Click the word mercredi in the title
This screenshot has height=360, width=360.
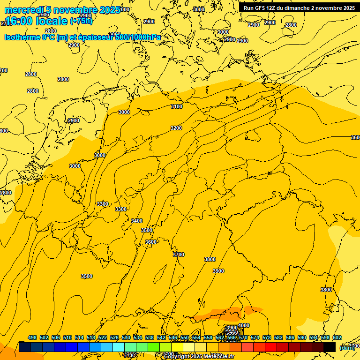pyautogui.click(x=21, y=10)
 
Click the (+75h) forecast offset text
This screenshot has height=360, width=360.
pyautogui.click(x=81, y=21)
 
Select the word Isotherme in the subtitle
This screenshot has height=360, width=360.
pyautogui.click(x=22, y=37)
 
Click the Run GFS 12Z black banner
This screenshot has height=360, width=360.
pyautogui.click(x=299, y=8)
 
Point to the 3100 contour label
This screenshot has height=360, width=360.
pyautogui.click(x=176, y=107)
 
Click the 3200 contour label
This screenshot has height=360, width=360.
pyautogui.click(x=176, y=128)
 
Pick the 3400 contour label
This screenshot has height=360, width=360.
pyautogui.click(x=137, y=221)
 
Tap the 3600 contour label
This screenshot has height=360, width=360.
pyautogui.click(x=151, y=242)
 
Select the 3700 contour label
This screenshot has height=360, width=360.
pyautogui.click(x=179, y=255)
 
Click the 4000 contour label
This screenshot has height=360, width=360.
pyautogui.click(x=244, y=325)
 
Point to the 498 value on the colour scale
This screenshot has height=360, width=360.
pyautogui.click(x=32, y=338)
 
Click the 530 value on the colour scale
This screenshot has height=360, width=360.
pyautogui.click(x=126, y=338)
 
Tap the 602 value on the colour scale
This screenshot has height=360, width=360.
pyautogui.click(x=337, y=338)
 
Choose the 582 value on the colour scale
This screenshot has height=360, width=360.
pyautogui.click(x=290, y=338)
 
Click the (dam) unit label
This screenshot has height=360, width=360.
pyautogui.click(x=346, y=347)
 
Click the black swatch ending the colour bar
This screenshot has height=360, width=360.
pyautogui.click(x=330, y=347)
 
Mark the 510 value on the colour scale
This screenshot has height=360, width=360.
pyautogui.click(x=67, y=338)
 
